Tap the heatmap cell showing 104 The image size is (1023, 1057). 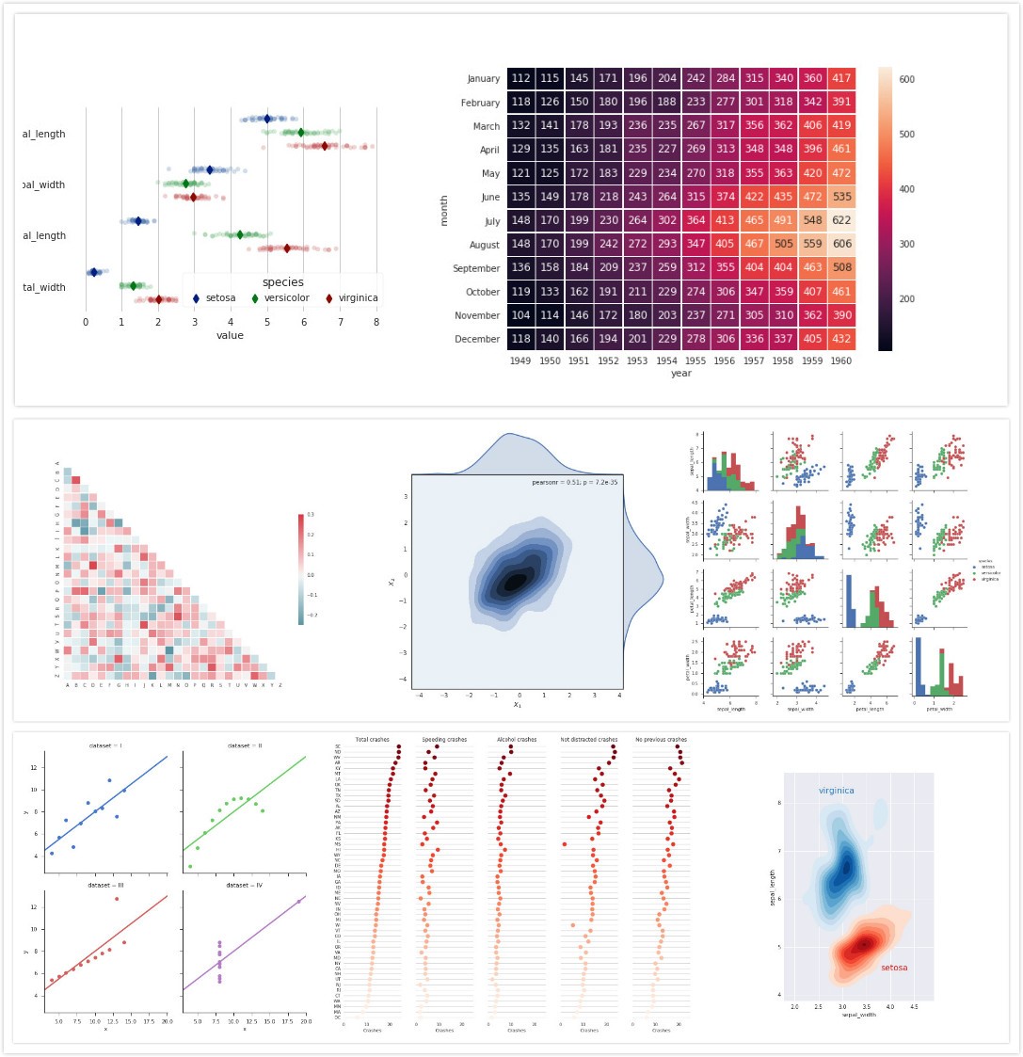point(521,315)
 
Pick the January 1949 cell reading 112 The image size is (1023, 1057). point(521,78)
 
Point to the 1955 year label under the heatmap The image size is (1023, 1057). point(695,360)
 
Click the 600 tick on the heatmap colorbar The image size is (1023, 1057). point(907,80)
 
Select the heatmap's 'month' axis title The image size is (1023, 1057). point(444,209)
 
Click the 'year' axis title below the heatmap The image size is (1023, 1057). point(681,374)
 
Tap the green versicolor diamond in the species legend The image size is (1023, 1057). point(255,298)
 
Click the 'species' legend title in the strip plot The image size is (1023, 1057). point(282,282)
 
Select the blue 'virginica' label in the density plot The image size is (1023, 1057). point(836,791)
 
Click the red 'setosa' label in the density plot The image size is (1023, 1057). point(894,968)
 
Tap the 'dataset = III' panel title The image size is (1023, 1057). point(104,886)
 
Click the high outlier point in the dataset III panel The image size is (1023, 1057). point(117,899)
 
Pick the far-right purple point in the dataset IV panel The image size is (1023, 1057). point(299,902)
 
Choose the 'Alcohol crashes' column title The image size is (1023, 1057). point(517,740)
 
